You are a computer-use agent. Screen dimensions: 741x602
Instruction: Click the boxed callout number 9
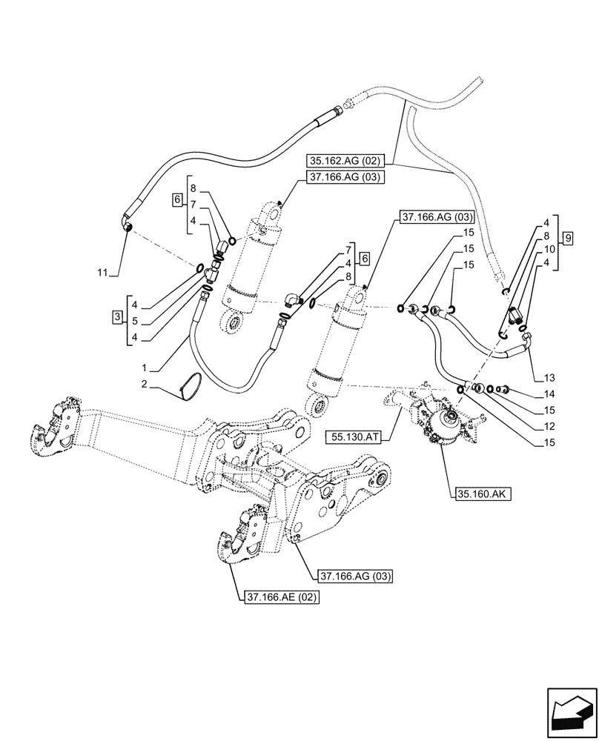tap(567, 238)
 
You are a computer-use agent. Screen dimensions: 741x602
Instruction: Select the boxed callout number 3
tap(117, 318)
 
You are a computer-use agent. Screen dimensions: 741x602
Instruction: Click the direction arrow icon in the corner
tap(571, 712)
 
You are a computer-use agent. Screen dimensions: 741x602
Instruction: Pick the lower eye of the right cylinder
tap(317, 407)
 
